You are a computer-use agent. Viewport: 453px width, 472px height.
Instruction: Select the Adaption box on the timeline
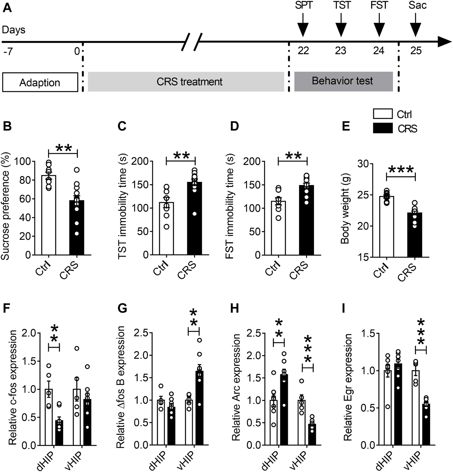tap(40, 82)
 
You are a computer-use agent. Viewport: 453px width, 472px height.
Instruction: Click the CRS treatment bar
tap(186, 82)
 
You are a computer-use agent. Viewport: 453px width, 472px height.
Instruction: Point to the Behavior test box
tap(343, 81)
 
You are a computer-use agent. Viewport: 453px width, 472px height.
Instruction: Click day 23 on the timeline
tap(341, 50)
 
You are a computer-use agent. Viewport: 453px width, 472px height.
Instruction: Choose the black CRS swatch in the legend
tap(383, 128)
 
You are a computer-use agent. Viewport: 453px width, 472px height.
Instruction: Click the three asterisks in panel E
tap(401, 170)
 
